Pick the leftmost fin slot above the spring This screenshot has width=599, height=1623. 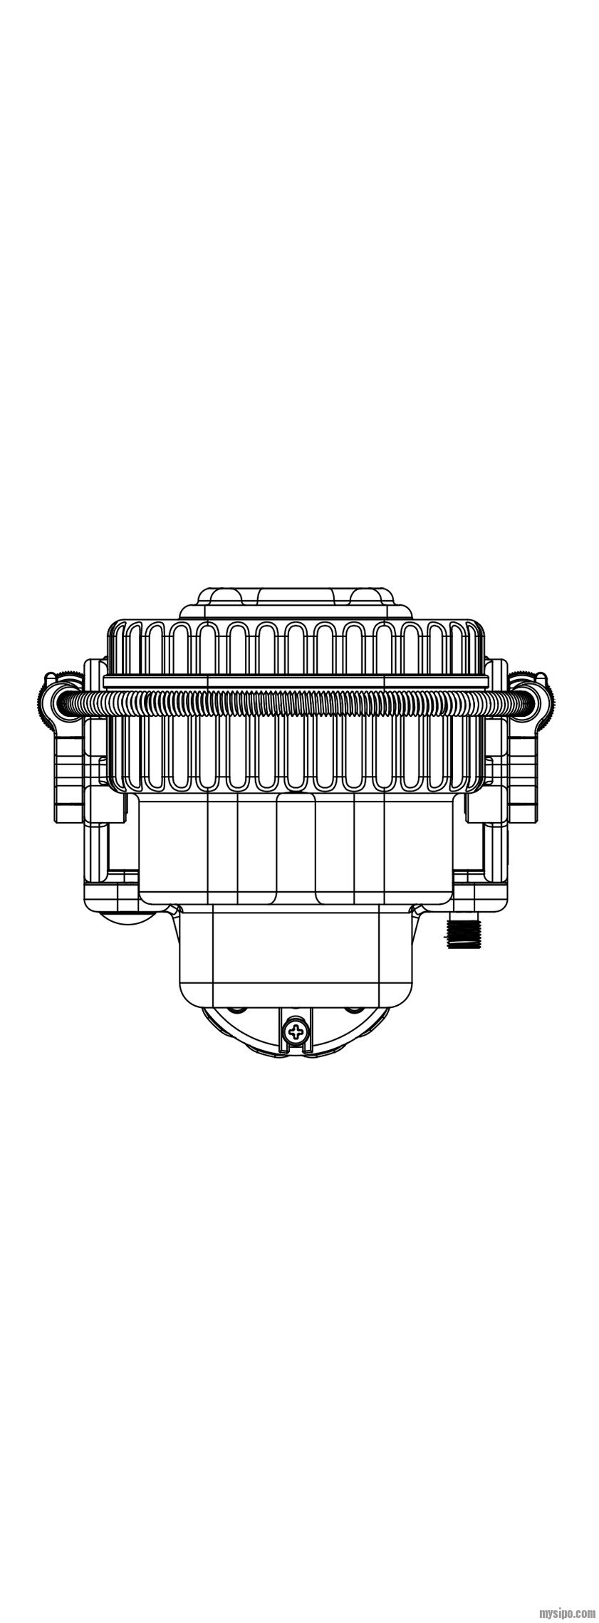tap(127, 648)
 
